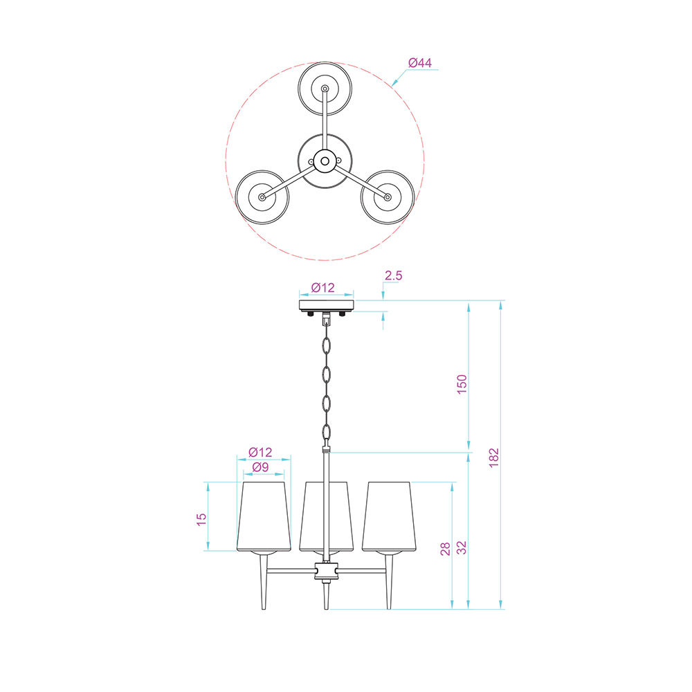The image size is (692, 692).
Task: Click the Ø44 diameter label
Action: pyautogui.click(x=420, y=63)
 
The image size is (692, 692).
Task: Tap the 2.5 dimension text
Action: pyautogui.click(x=393, y=275)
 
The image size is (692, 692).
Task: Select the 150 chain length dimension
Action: pyautogui.click(x=462, y=384)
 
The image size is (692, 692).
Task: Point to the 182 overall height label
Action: pyautogui.click(x=494, y=457)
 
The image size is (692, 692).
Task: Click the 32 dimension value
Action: pyautogui.click(x=461, y=547)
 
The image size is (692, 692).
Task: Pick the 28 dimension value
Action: pyautogui.click(x=445, y=549)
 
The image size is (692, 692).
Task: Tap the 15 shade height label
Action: pyautogui.click(x=201, y=520)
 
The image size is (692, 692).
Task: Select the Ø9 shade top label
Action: pyautogui.click(x=260, y=467)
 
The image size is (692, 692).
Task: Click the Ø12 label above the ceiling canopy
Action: pyautogui.click(x=322, y=288)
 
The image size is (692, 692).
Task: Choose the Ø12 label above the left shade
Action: pyautogui.click(x=260, y=453)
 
